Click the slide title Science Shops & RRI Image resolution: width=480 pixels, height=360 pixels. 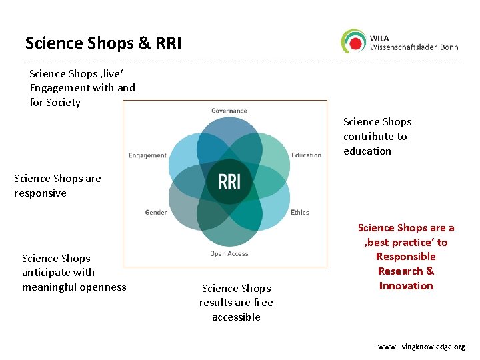(x=103, y=43)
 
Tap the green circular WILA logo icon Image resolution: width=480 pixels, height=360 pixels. (x=353, y=41)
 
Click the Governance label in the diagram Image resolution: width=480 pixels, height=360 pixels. (x=229, y=111)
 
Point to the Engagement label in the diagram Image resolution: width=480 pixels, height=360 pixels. (x=147, y=155)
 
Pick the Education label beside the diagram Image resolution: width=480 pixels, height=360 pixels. (x=306, y=155)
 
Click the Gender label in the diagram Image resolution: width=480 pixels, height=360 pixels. (x=156, y=213)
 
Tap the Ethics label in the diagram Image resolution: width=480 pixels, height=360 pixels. (x=299, y=213)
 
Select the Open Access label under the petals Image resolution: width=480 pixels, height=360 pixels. (x=229, y=254)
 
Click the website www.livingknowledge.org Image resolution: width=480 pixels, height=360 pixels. (x=421, y=347)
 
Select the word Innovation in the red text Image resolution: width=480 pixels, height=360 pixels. (x=405, y=286)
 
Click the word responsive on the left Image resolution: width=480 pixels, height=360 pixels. (x=40, y=193)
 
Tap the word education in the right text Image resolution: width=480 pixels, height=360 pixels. (x=367, y=151)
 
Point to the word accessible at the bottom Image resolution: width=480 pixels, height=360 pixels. (x=236, y=317)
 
